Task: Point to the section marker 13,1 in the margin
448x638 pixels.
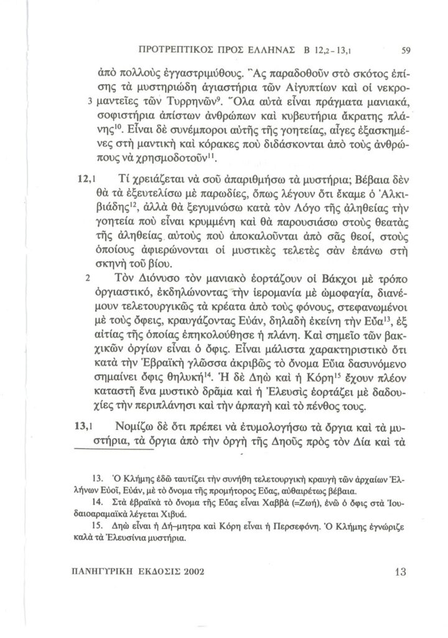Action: coord(84,427)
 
